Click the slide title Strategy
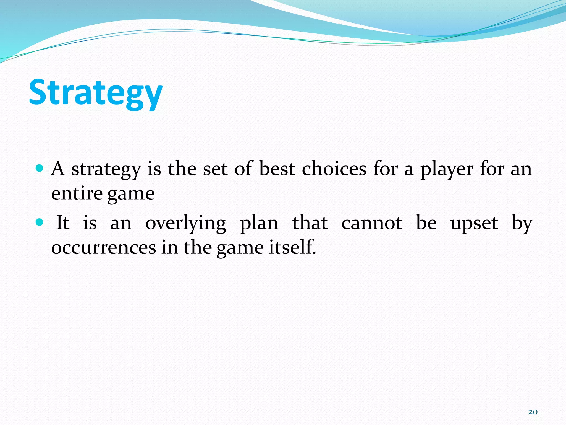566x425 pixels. pos(96,93)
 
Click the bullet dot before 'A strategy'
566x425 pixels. pos(40,168)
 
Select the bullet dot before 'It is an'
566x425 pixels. pos(40,222)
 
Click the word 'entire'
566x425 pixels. pos(77,193)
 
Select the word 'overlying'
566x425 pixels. pos(186,224)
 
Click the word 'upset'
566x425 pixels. pos(474,224)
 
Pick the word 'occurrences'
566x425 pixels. pos(104,247)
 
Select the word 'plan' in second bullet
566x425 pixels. pos(259,224)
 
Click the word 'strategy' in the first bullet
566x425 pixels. pos(106,169)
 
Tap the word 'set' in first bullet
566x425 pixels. pos(215,169)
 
